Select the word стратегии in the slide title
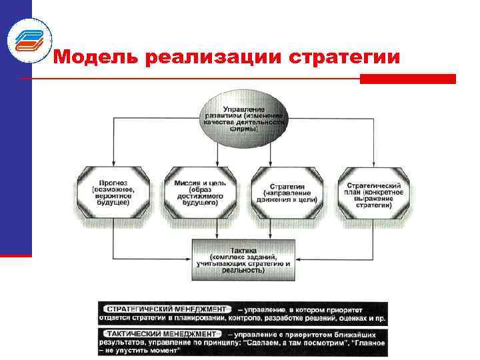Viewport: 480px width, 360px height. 346,58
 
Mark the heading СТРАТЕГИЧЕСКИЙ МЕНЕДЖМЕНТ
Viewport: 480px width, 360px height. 163,309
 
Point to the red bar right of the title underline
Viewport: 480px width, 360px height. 407,79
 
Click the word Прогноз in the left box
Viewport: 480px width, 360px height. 113,181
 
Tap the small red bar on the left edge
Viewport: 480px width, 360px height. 15,255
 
